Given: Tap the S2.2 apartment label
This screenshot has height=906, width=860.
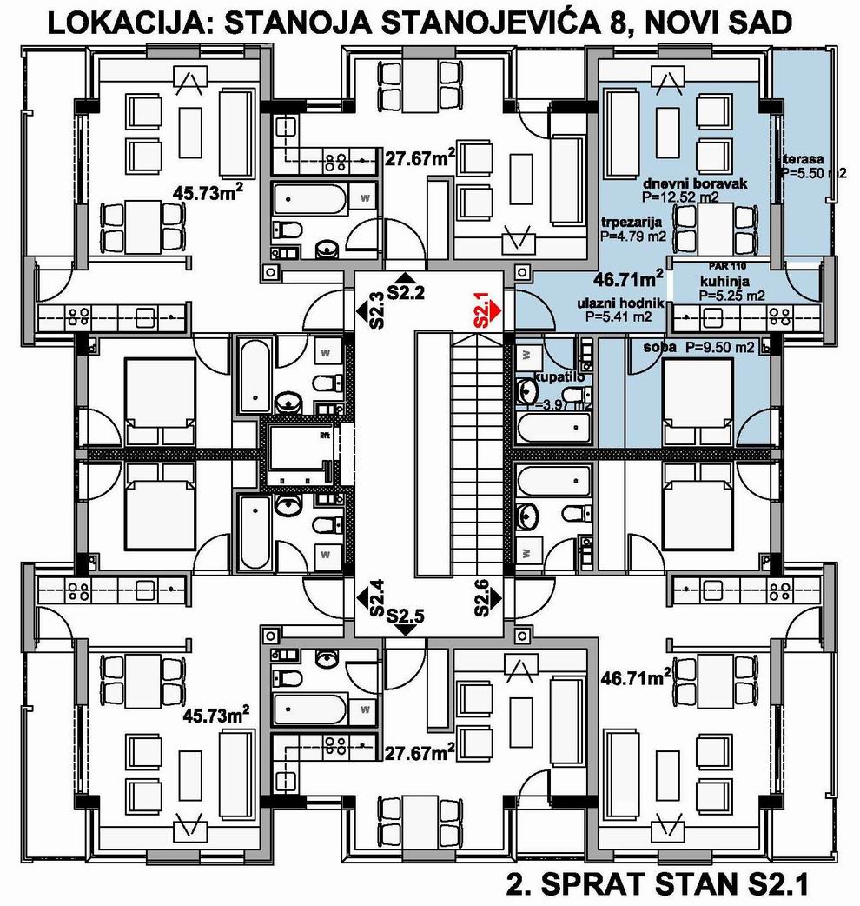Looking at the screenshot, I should pyautogui.click(x=404, y=292).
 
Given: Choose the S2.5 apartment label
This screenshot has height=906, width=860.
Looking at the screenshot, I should pyautogui.click(x=405, y=616).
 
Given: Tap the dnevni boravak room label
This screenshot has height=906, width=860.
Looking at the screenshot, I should pyautogui.click(x=695, y=185).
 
